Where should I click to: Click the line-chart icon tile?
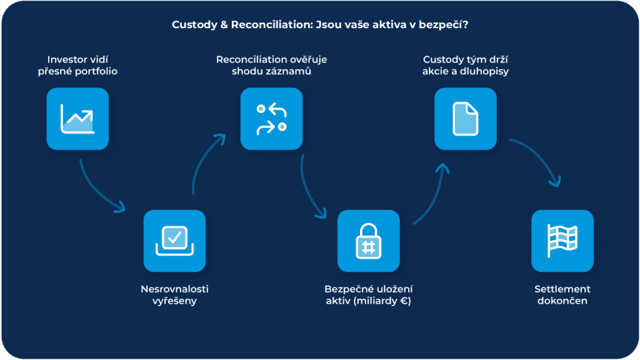coord(77,119)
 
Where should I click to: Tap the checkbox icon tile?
coord(174,241)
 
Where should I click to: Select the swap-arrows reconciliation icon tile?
coord(271,119)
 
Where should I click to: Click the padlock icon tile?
coord(368,241)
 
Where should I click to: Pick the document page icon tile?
coord(465,119)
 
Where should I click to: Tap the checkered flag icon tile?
coord(562,241)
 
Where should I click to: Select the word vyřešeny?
coord(174,301)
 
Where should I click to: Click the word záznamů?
coord(291,71)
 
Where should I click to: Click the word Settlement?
coord(562,289)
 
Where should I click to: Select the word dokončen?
coord(562,301)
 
